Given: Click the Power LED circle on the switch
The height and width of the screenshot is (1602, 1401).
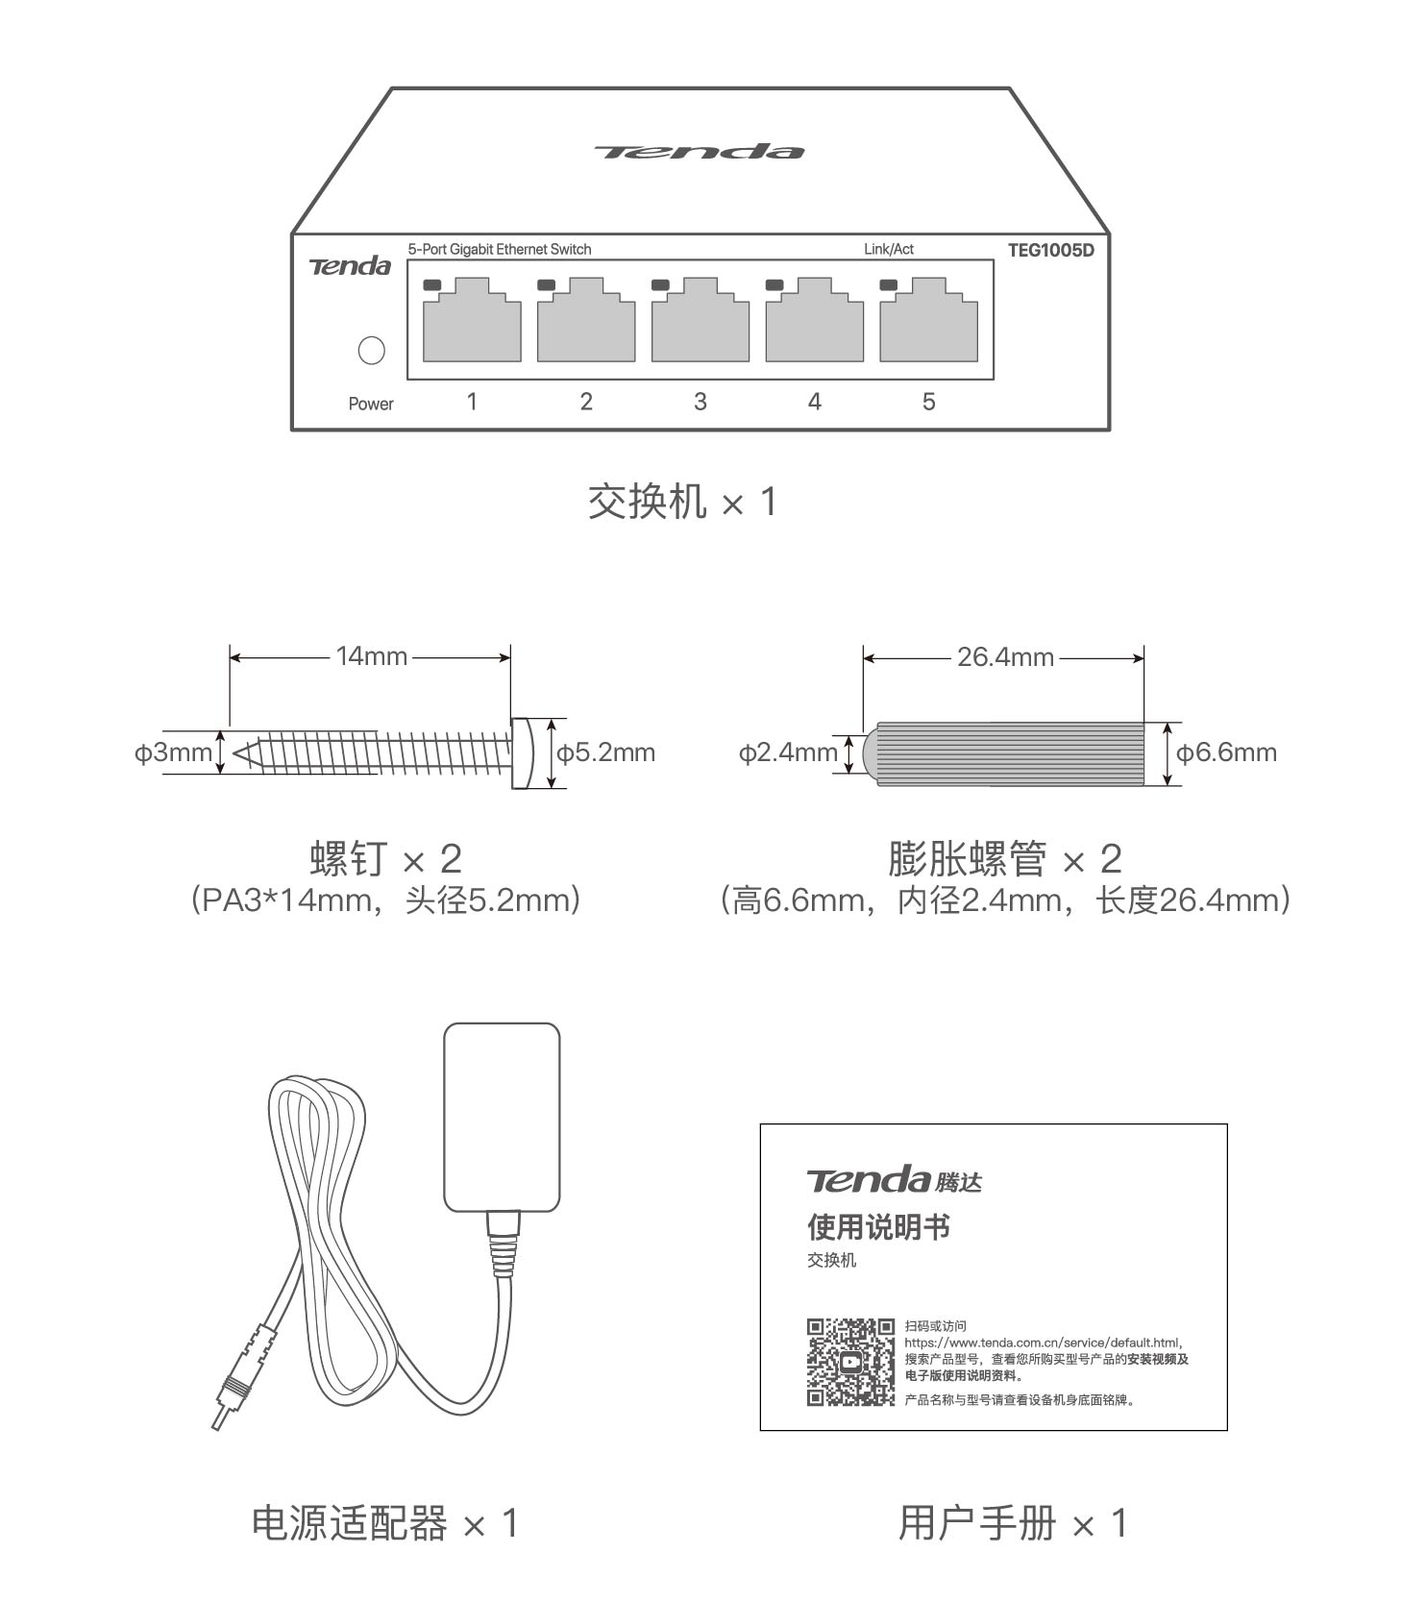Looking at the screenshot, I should coord(371,350).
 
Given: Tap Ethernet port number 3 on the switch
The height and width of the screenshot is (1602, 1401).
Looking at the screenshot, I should coord(700,322).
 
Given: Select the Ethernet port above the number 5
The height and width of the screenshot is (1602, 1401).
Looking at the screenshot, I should coord(928,322).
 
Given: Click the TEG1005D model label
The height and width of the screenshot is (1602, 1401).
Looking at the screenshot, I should coord(1050,250).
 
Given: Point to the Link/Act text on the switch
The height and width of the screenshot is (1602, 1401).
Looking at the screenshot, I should coord(888,249).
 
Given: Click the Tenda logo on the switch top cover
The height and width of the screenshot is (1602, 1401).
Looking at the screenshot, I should coord(699,152).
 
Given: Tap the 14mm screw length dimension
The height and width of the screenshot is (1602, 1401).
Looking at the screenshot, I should coord(371,656).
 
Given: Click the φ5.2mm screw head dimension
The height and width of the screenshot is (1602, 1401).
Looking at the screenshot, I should coord(605,752).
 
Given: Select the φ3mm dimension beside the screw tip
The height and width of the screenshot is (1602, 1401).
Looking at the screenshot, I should coord(173,752).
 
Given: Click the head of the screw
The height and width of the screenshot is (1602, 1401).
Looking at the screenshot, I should coord(522,752).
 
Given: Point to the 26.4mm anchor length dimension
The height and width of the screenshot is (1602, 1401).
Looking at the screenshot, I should coord(1005,657).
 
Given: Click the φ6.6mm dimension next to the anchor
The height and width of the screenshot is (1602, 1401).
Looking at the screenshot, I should coord(1226,752).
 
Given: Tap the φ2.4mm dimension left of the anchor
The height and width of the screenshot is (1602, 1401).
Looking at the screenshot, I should coord(788,752).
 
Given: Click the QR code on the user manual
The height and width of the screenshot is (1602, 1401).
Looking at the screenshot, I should coord(849,1362).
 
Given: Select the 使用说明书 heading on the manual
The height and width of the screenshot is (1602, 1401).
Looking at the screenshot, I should coord(878,1227).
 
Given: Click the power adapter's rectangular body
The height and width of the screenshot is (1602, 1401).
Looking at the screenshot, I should coord(502,1117).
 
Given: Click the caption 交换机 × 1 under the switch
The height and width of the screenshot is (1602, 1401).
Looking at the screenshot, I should coord(682,502).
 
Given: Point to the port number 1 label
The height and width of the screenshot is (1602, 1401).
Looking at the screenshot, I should coord(471,402).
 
